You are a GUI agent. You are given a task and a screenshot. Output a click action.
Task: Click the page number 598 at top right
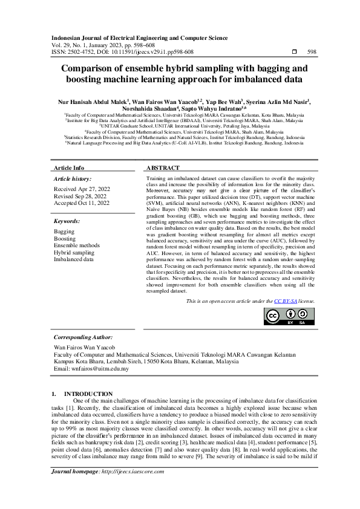click(x=312, y=52)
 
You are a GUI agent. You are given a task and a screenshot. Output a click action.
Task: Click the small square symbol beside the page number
click(x=294, y=52)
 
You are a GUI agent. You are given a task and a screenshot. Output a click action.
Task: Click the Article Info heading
click(x=70, y=167)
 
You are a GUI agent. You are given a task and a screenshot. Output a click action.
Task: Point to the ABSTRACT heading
click(x=163, y=167)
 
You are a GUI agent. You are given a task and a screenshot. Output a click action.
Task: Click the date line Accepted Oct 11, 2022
click(x=82, y=203)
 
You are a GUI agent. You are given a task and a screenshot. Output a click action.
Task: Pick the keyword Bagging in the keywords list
click(x=65, y=232)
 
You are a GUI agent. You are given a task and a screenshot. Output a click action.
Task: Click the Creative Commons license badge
click(x=289, y=317)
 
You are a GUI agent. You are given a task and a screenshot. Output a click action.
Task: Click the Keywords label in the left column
click(x=67, y=222)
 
